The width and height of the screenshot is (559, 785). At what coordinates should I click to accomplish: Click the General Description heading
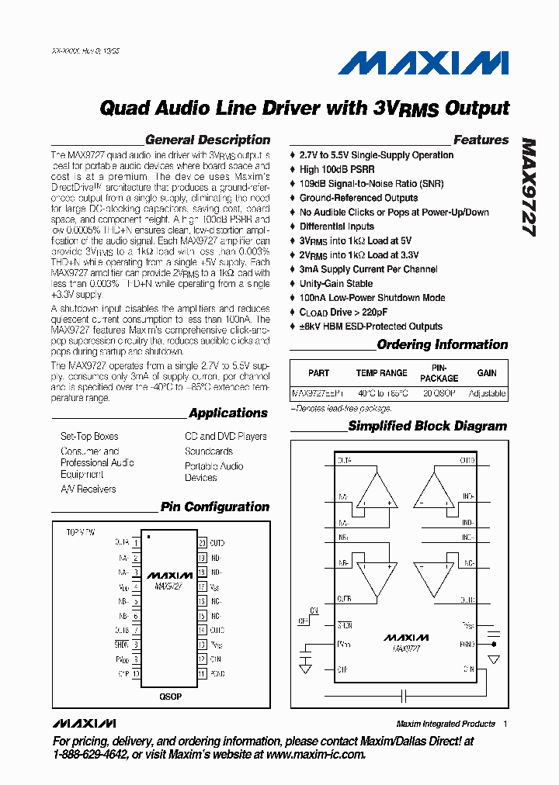tap(207, 140)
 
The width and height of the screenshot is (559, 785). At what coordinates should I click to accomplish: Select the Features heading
tap(481, 140)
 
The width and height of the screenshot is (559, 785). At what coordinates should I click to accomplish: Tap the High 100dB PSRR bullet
tap(337, 169)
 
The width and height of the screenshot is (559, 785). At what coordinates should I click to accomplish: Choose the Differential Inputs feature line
tap(337, 226)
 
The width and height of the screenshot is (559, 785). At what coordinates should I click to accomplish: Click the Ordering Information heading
tap(442, 344)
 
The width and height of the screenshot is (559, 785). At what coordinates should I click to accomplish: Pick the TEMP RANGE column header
tap(381, 373)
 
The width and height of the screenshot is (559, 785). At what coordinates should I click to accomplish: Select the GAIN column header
tap(487, 373)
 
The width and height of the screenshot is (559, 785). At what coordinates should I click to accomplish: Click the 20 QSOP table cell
tap(439, 393)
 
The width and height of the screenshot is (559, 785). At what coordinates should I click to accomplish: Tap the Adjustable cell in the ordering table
tap(487, 393)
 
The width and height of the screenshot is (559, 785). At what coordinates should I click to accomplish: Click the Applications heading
tap(227, 413)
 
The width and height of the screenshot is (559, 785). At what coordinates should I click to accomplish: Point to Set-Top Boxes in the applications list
tap(89, 437)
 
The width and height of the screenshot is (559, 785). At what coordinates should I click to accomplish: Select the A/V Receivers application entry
tap(89, 489)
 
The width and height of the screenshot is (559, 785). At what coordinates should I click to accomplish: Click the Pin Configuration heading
tap(214, 507)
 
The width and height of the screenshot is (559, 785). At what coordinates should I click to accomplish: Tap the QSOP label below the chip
tap(170, 697)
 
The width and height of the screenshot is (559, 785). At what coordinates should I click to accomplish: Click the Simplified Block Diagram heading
tap(427, 426)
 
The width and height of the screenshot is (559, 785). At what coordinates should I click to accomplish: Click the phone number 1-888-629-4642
tap(90, 754)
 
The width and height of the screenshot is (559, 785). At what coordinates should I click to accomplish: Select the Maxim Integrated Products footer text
tap(445, 724)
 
